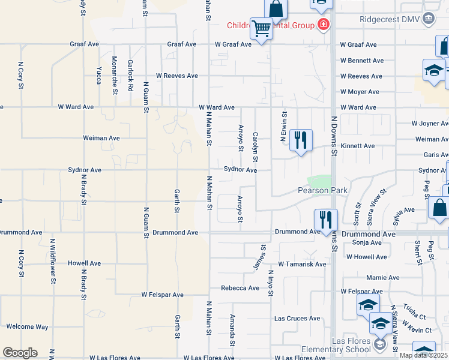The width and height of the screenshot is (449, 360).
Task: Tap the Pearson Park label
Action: point(323,190)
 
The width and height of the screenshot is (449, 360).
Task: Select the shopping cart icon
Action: point(261,28)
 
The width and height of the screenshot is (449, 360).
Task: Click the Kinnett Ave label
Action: point(357,146)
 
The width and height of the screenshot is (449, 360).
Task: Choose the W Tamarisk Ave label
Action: point(302,264)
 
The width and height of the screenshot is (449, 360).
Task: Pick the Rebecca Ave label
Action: point(240,288)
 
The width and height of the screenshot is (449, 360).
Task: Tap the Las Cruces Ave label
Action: point(297,319)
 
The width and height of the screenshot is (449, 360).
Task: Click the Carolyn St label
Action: point(255,147)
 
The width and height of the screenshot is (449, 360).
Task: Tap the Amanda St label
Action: point(232,331)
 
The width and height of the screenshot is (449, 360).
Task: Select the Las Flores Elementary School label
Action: point(352,345)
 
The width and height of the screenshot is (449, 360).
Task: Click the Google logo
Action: point(20,353)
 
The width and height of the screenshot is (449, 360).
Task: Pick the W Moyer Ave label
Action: point(360,92)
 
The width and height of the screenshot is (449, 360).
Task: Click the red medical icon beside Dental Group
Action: point(324,25)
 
